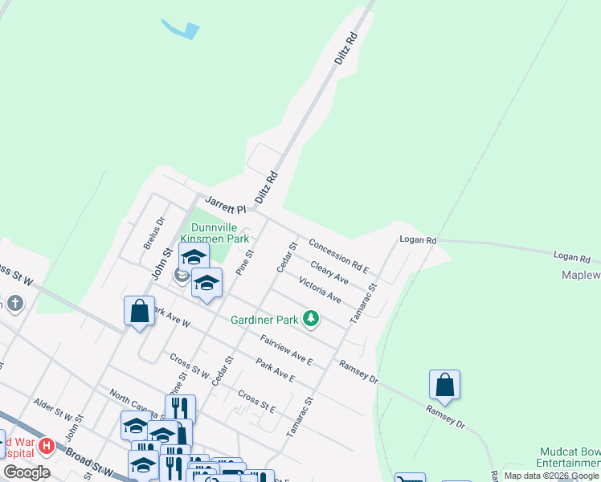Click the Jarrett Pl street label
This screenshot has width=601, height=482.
224,204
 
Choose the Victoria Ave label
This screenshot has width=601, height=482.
320,290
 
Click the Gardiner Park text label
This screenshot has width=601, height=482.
264,320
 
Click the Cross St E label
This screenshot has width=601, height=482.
257,401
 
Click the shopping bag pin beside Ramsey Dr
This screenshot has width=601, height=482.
444,386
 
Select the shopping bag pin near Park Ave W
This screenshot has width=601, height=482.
139,311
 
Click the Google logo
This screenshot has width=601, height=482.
27,472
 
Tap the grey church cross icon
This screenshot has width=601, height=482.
14,303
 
